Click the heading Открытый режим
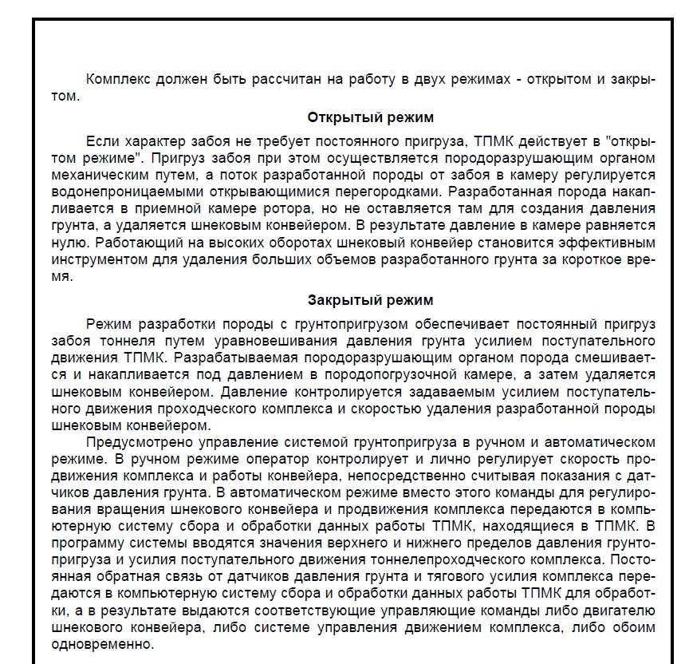coord(370,118)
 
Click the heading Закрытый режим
coord(370,300)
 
